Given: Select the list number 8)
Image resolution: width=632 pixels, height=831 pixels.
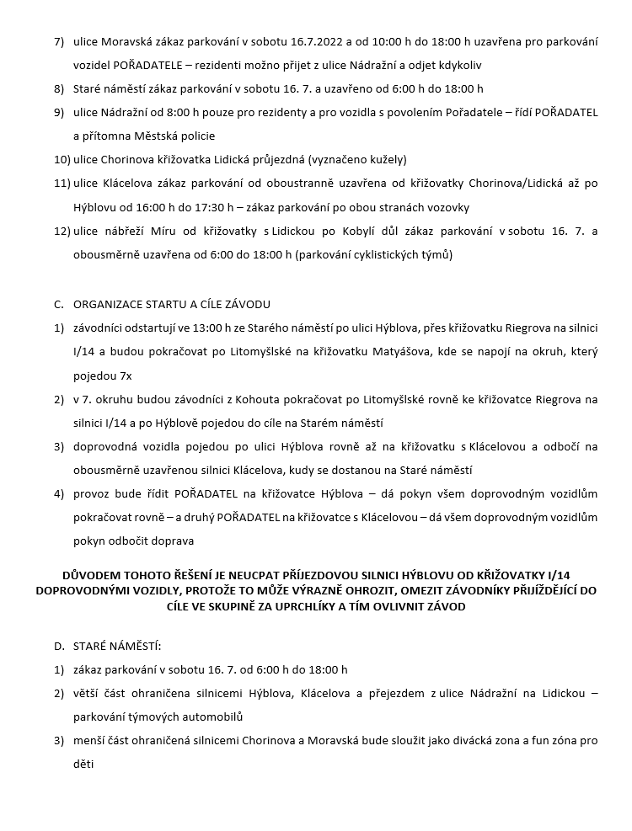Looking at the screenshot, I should tap(58, 88).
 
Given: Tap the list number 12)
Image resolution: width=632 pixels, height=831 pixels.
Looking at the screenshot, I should tap(62, 231).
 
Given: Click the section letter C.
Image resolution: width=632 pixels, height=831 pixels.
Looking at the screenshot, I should tap(58, 304).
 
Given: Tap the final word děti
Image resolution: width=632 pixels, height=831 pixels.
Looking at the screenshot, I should tap(85, 764).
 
